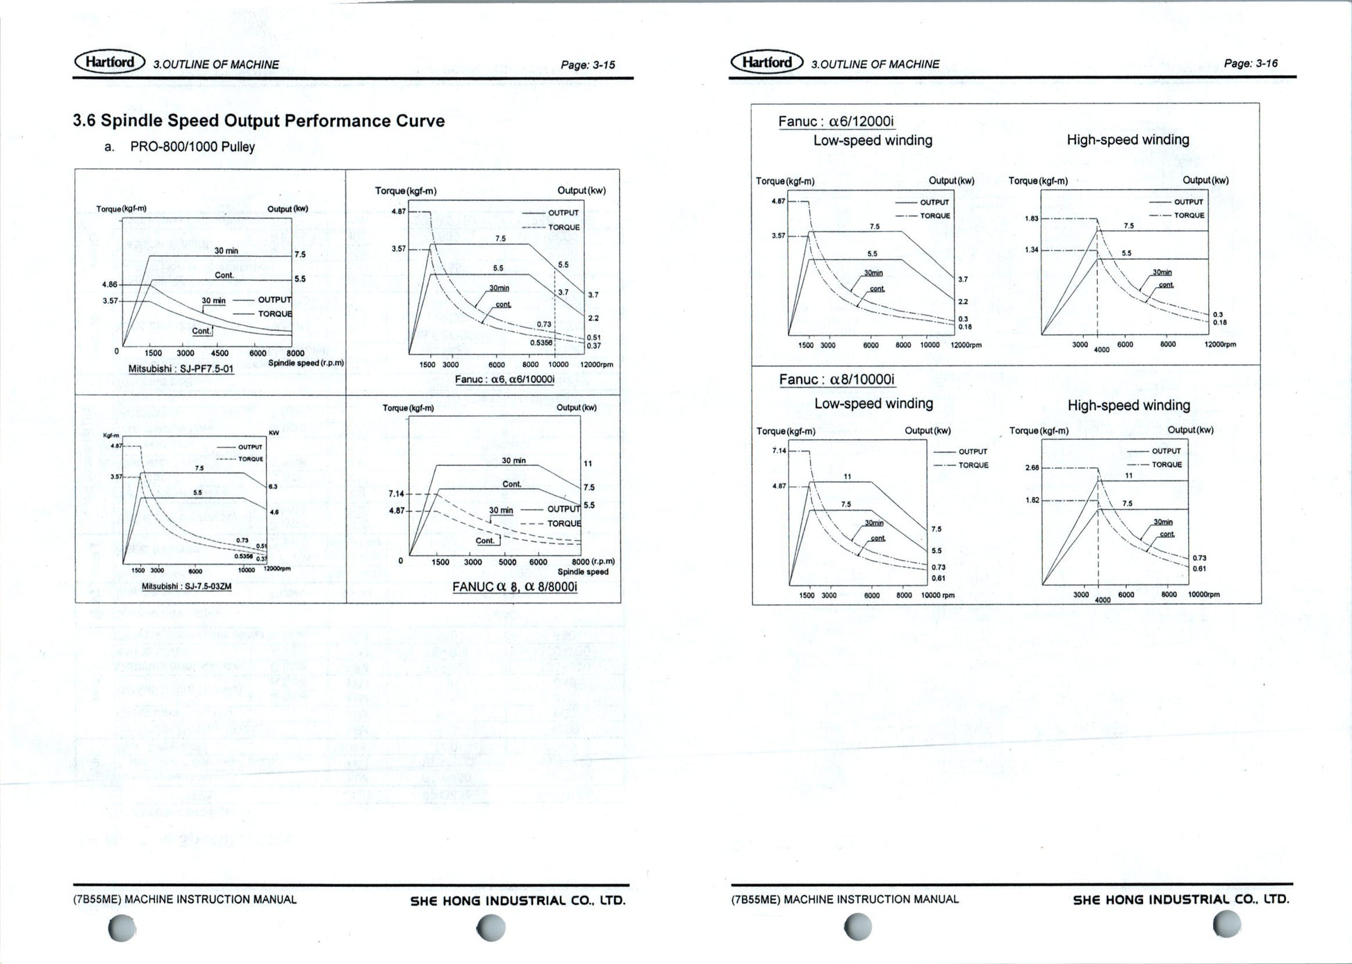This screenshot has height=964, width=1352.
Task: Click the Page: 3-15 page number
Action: pos(588,65)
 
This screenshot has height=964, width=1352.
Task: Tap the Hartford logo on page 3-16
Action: pos(766,63)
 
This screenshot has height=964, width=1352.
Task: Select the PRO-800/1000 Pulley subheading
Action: pos(192,147)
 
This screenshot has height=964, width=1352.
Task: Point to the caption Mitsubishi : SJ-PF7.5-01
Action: pos(181,369)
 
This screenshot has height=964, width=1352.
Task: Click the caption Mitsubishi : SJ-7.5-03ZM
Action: pos(186,587)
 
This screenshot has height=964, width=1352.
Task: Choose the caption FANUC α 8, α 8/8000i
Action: pos(514,587)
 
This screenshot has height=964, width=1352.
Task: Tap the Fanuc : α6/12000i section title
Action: pos(836,122)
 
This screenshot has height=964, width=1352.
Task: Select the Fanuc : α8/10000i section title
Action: pos(836,379)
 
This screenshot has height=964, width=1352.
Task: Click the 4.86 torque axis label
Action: pos(110,285)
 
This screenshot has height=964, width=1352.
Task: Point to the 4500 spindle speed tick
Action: pos(219,353)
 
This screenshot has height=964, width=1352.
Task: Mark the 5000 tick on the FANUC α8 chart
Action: pos(507,562)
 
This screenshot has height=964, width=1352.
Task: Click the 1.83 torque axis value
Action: pos(1031,219)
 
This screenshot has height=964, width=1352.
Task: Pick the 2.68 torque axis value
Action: pos(1032,468)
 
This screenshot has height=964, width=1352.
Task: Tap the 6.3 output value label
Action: pos(273,487)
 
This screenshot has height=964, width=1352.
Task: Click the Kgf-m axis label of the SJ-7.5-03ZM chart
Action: pos(111,436)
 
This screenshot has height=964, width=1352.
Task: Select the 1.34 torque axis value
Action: pos(1031,250)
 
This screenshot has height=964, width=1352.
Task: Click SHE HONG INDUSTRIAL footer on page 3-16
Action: pos(1180,900)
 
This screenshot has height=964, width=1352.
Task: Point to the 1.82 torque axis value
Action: pos(1032,500)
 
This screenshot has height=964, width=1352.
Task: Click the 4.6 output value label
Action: pos(274,512)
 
